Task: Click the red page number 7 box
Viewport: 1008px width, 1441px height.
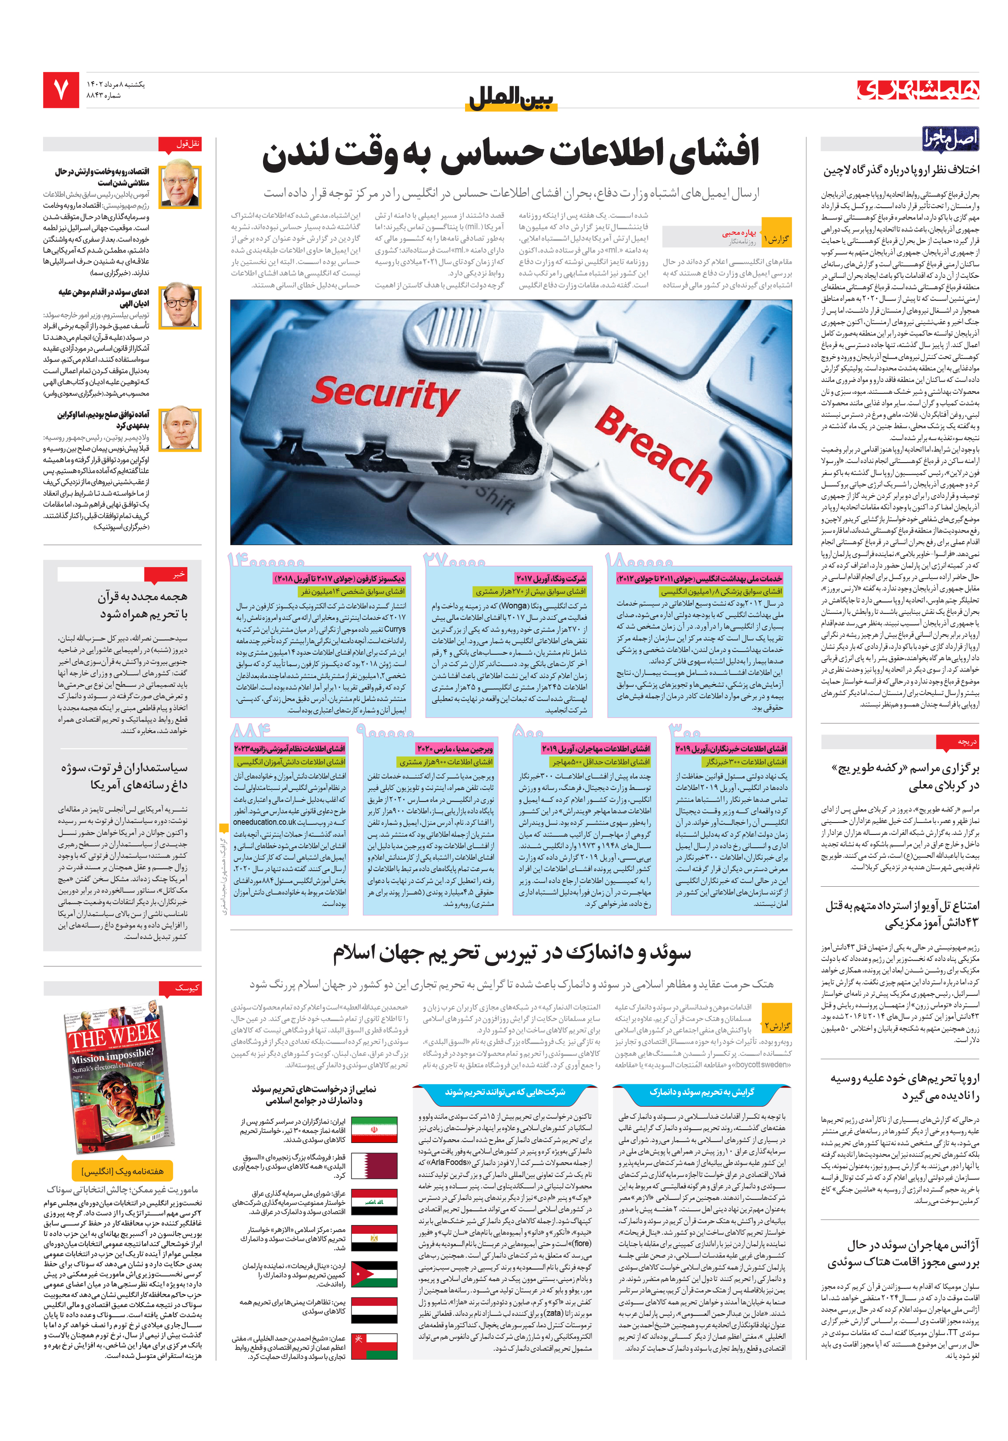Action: click(61, 90)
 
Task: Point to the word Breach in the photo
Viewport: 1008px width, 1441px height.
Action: click(652, 449)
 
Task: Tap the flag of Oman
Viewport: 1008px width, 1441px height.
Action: click(374, 1346)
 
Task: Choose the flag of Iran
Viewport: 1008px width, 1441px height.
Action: click(374, 1129)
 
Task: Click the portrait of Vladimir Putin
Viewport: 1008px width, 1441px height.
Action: click(180, 429)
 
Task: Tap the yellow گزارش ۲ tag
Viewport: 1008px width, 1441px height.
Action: click(776, 1026)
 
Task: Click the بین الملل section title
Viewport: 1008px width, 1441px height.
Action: click(512, 99)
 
